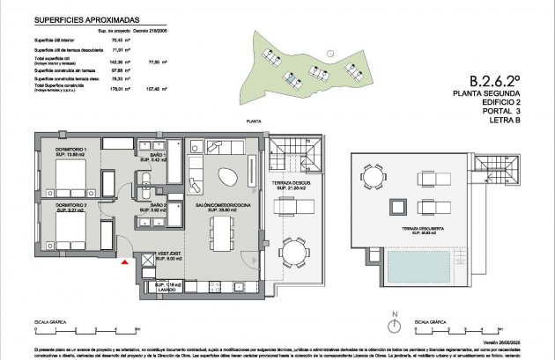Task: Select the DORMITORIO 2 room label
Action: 74,207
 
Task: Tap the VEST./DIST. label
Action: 168,256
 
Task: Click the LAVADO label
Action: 168,289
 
